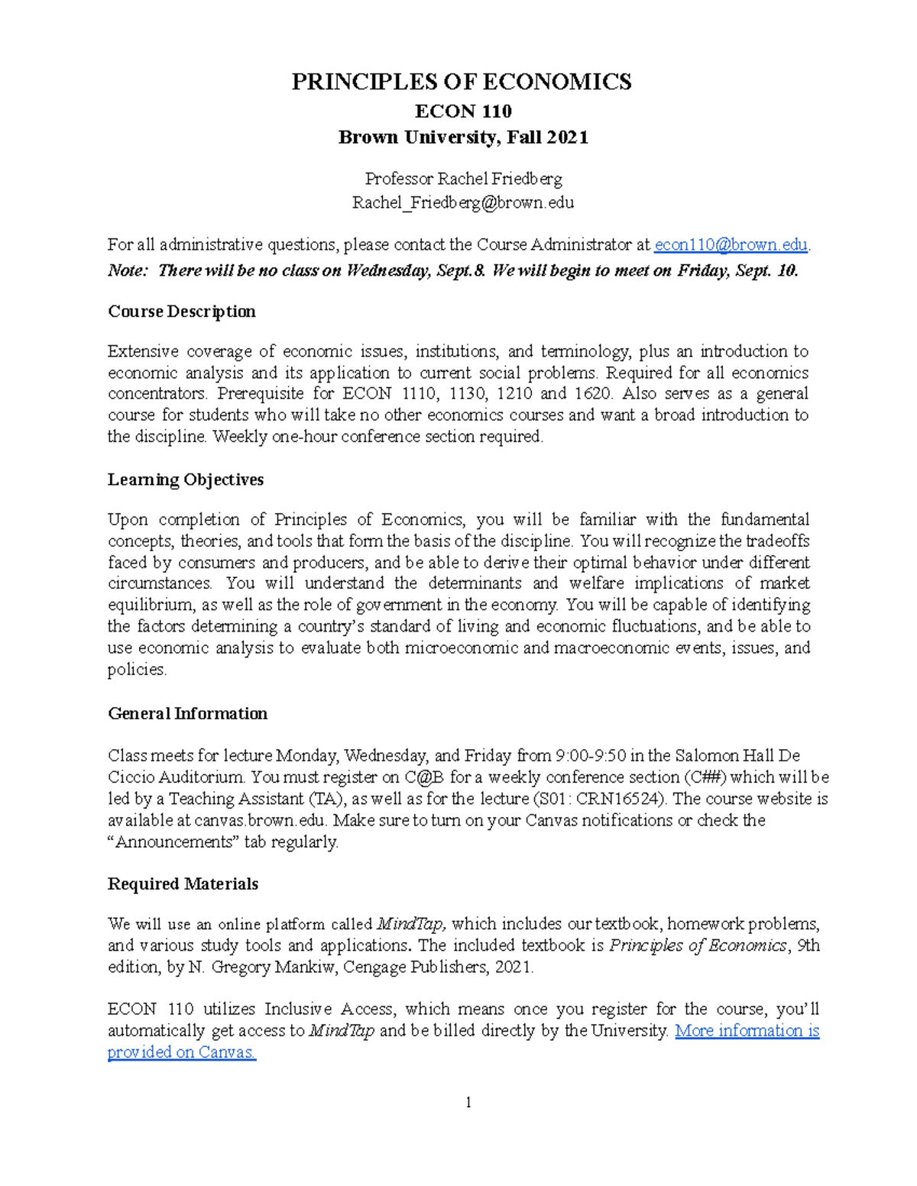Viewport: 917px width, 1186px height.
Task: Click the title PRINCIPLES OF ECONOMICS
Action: (462, 82)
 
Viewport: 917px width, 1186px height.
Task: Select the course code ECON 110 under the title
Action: (463, 111)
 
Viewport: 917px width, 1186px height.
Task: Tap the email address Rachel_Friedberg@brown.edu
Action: (463, 202)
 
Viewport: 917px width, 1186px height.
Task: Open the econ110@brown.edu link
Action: (731, 244)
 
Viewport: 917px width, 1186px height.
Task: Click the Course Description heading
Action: (182, 312)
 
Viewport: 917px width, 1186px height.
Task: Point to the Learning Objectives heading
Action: (186, 480)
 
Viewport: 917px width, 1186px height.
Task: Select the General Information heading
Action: (188, 713)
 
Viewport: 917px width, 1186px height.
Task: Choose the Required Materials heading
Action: (183, 884)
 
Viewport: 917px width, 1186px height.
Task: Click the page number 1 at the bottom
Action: (468, 1102)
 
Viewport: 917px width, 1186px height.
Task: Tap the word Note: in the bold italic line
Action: (128, 270)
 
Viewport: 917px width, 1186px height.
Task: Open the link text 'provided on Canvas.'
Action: (182, 1052)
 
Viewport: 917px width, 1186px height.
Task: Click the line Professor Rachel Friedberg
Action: (463, 179)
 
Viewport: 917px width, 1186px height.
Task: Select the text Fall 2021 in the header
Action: (547, 137)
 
